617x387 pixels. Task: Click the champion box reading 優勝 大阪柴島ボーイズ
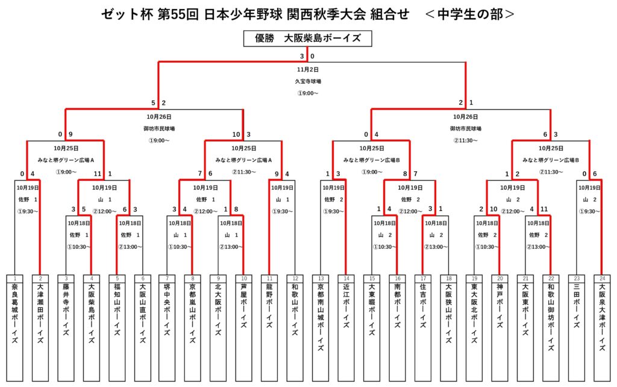coord(308,39)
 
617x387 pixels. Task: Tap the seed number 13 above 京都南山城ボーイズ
coord(321,278)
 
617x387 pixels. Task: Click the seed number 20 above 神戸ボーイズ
coord(499,278)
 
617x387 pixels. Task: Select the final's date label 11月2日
coord(308,69)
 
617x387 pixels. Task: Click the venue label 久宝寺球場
coord(308,81)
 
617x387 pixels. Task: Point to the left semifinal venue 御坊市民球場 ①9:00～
coord(159,134)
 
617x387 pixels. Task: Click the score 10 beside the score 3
coord(236,134)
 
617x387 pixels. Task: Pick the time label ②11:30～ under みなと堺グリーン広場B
coord(550,172)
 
